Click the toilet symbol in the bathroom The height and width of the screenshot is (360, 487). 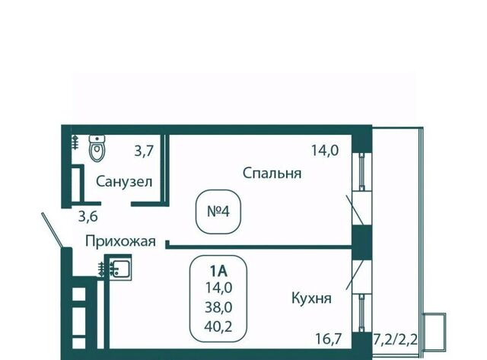[x=97, y=148]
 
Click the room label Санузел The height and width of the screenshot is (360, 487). [x=125, y=181]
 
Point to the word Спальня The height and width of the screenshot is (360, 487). [x=272, y=173]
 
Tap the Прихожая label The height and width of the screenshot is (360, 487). [x=120, y=242]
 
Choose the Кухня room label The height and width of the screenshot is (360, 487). [x=310, y=298]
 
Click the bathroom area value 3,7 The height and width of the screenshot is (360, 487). [x=144, y=151]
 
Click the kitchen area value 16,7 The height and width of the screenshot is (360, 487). [x=331, y=337]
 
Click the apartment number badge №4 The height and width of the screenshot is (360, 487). [x=218, y=211]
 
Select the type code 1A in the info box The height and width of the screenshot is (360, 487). [x=219, y=269]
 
